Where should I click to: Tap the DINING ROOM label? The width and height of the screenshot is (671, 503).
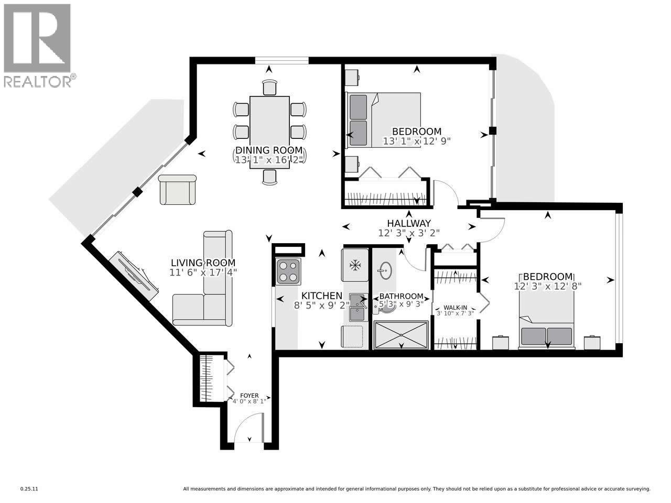[269, 151]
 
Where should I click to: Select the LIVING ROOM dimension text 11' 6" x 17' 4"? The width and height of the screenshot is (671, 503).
[203, 272]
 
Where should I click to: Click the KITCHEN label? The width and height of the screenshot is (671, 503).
[321, 296]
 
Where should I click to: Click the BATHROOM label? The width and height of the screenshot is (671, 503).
[401, 296]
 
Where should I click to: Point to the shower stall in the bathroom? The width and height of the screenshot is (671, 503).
[401, 335]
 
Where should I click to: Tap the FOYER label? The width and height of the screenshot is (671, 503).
[249, 396]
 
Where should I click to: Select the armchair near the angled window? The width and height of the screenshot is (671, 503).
[177, 190]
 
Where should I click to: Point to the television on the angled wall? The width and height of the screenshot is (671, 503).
[134, 275]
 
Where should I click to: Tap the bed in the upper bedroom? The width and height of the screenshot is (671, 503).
[383, 120]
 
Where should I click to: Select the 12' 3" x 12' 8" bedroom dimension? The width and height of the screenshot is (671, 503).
[548, 286]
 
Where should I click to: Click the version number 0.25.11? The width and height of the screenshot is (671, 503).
[29, 489]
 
